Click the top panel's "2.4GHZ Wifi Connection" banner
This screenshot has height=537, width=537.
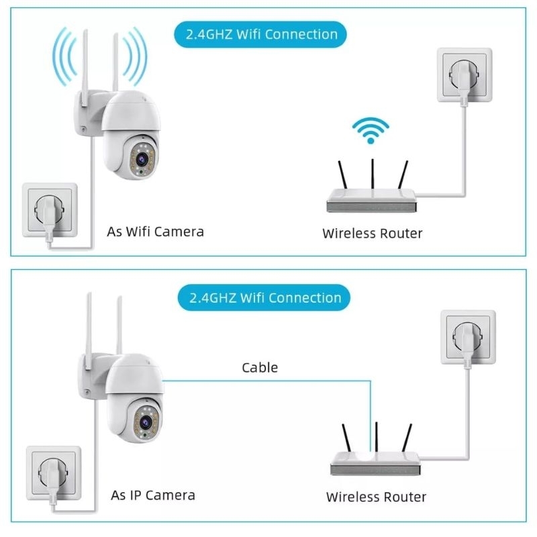click(260, 34)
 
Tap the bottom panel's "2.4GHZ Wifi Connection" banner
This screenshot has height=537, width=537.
click(264, 297)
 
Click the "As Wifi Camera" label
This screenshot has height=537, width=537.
click(156, 232)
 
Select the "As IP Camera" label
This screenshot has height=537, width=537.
click(153, 495)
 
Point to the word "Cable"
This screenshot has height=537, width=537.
click(260, 367)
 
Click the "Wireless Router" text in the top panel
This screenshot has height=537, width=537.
click(373, 233)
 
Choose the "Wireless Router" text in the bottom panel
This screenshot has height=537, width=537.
click(376, 497)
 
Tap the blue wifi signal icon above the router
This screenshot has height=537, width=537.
click(371, 130)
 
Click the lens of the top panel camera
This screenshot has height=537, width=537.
click(142, 159)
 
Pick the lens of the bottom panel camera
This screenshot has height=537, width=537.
click(146, 422)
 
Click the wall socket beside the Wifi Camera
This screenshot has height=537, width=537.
click(50, 210)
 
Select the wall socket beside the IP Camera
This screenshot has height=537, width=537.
click(54, 473)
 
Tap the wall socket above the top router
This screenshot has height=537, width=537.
click(465, 75)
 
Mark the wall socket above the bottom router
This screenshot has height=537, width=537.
click(468, 337)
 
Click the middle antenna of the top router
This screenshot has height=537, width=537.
click(373, 174)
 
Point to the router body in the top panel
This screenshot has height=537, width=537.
click(372, 200)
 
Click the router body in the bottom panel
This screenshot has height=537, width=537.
click(375, 463)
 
